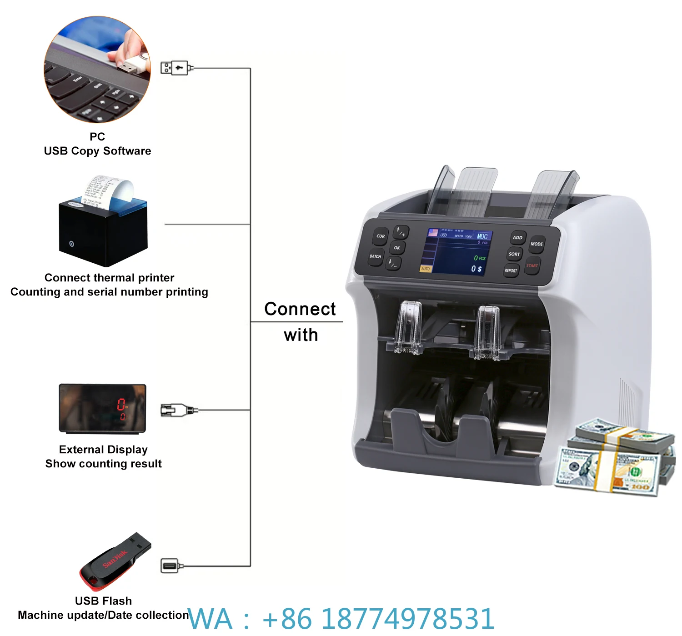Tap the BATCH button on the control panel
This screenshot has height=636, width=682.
[376, 256]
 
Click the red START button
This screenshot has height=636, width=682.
[532, 266]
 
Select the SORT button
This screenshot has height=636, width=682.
[514, 254]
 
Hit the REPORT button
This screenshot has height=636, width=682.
[511, 270]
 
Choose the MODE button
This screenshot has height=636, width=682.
[537, 244]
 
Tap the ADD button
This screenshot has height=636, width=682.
[517, 237]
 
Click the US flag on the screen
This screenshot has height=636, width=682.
[433, 233]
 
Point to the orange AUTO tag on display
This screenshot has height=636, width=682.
[426, 269]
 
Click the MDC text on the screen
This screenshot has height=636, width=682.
[482, 236]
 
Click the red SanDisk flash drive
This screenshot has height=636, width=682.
[115, 561]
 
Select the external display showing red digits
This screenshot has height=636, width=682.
[103, 408]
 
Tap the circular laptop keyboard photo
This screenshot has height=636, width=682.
[97, 70]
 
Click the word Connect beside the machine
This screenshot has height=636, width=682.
[300, 309]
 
